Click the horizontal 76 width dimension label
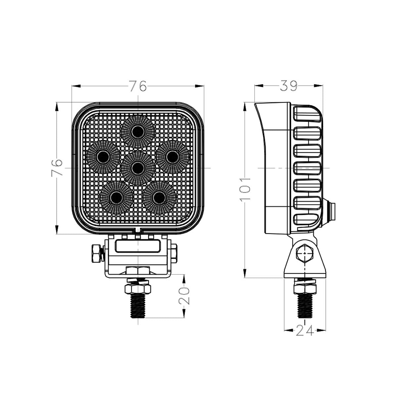(x=138, y=86)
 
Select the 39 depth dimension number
(x=288, y=86)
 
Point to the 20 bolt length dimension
(x=184, y=295)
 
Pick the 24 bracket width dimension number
(x=305, y=330)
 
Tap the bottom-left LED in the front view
(x=116, y=198)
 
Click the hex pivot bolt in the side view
(x=304, y=254)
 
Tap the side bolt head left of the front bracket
(x=96, y=253)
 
